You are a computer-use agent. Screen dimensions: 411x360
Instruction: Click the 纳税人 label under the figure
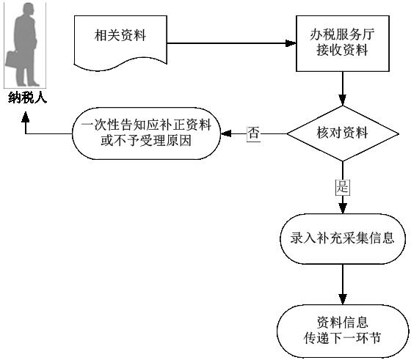(28, 98)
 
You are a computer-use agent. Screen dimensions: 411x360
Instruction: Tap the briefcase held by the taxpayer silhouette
(11, 59)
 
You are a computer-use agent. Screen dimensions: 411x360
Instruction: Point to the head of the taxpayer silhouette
(29, 10)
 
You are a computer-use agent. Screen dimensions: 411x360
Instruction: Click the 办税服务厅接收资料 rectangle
(343, 43)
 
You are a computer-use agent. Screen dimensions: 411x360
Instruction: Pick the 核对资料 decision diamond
(343, 133)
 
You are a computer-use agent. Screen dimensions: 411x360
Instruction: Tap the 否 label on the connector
(253, 133)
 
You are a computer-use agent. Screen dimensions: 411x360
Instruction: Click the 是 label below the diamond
(343, 187)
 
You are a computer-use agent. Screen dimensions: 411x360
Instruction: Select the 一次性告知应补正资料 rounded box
(146, 133)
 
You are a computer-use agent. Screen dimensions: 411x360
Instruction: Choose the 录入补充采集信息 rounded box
(343, 239)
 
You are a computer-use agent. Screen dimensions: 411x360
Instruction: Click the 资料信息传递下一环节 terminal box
(343, 331)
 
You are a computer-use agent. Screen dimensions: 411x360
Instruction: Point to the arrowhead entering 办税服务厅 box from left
(291, 43)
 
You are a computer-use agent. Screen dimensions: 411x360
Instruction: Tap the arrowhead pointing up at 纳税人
(26, 117)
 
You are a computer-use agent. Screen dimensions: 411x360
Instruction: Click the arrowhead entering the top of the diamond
(343, 100)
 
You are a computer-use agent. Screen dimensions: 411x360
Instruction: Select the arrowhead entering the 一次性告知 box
(226, 133)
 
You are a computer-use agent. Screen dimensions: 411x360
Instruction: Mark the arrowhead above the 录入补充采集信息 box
(343, 208)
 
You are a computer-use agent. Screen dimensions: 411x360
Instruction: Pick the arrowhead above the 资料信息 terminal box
(343, 299)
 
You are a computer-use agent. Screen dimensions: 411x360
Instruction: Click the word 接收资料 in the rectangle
(342, 50)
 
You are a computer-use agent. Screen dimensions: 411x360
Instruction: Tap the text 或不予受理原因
(146, 141)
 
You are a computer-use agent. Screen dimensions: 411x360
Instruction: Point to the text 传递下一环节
(342, 338)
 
